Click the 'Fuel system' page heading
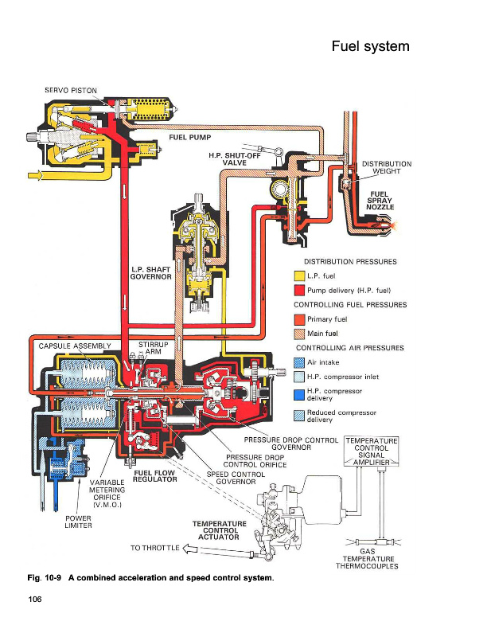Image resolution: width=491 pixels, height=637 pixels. [370, 46]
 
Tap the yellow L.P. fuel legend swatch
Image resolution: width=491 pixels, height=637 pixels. [300, 276]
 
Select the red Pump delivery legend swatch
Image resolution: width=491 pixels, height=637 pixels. [300, 290]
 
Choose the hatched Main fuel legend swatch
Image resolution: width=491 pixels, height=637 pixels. [300, 334]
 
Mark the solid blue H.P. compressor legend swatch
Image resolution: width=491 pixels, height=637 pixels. [300, 394]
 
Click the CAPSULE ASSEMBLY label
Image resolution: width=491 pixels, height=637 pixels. [75, 346]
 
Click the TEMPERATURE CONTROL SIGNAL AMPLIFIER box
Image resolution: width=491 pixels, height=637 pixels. [371, 452]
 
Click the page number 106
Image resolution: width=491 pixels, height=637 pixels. [35, 598]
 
